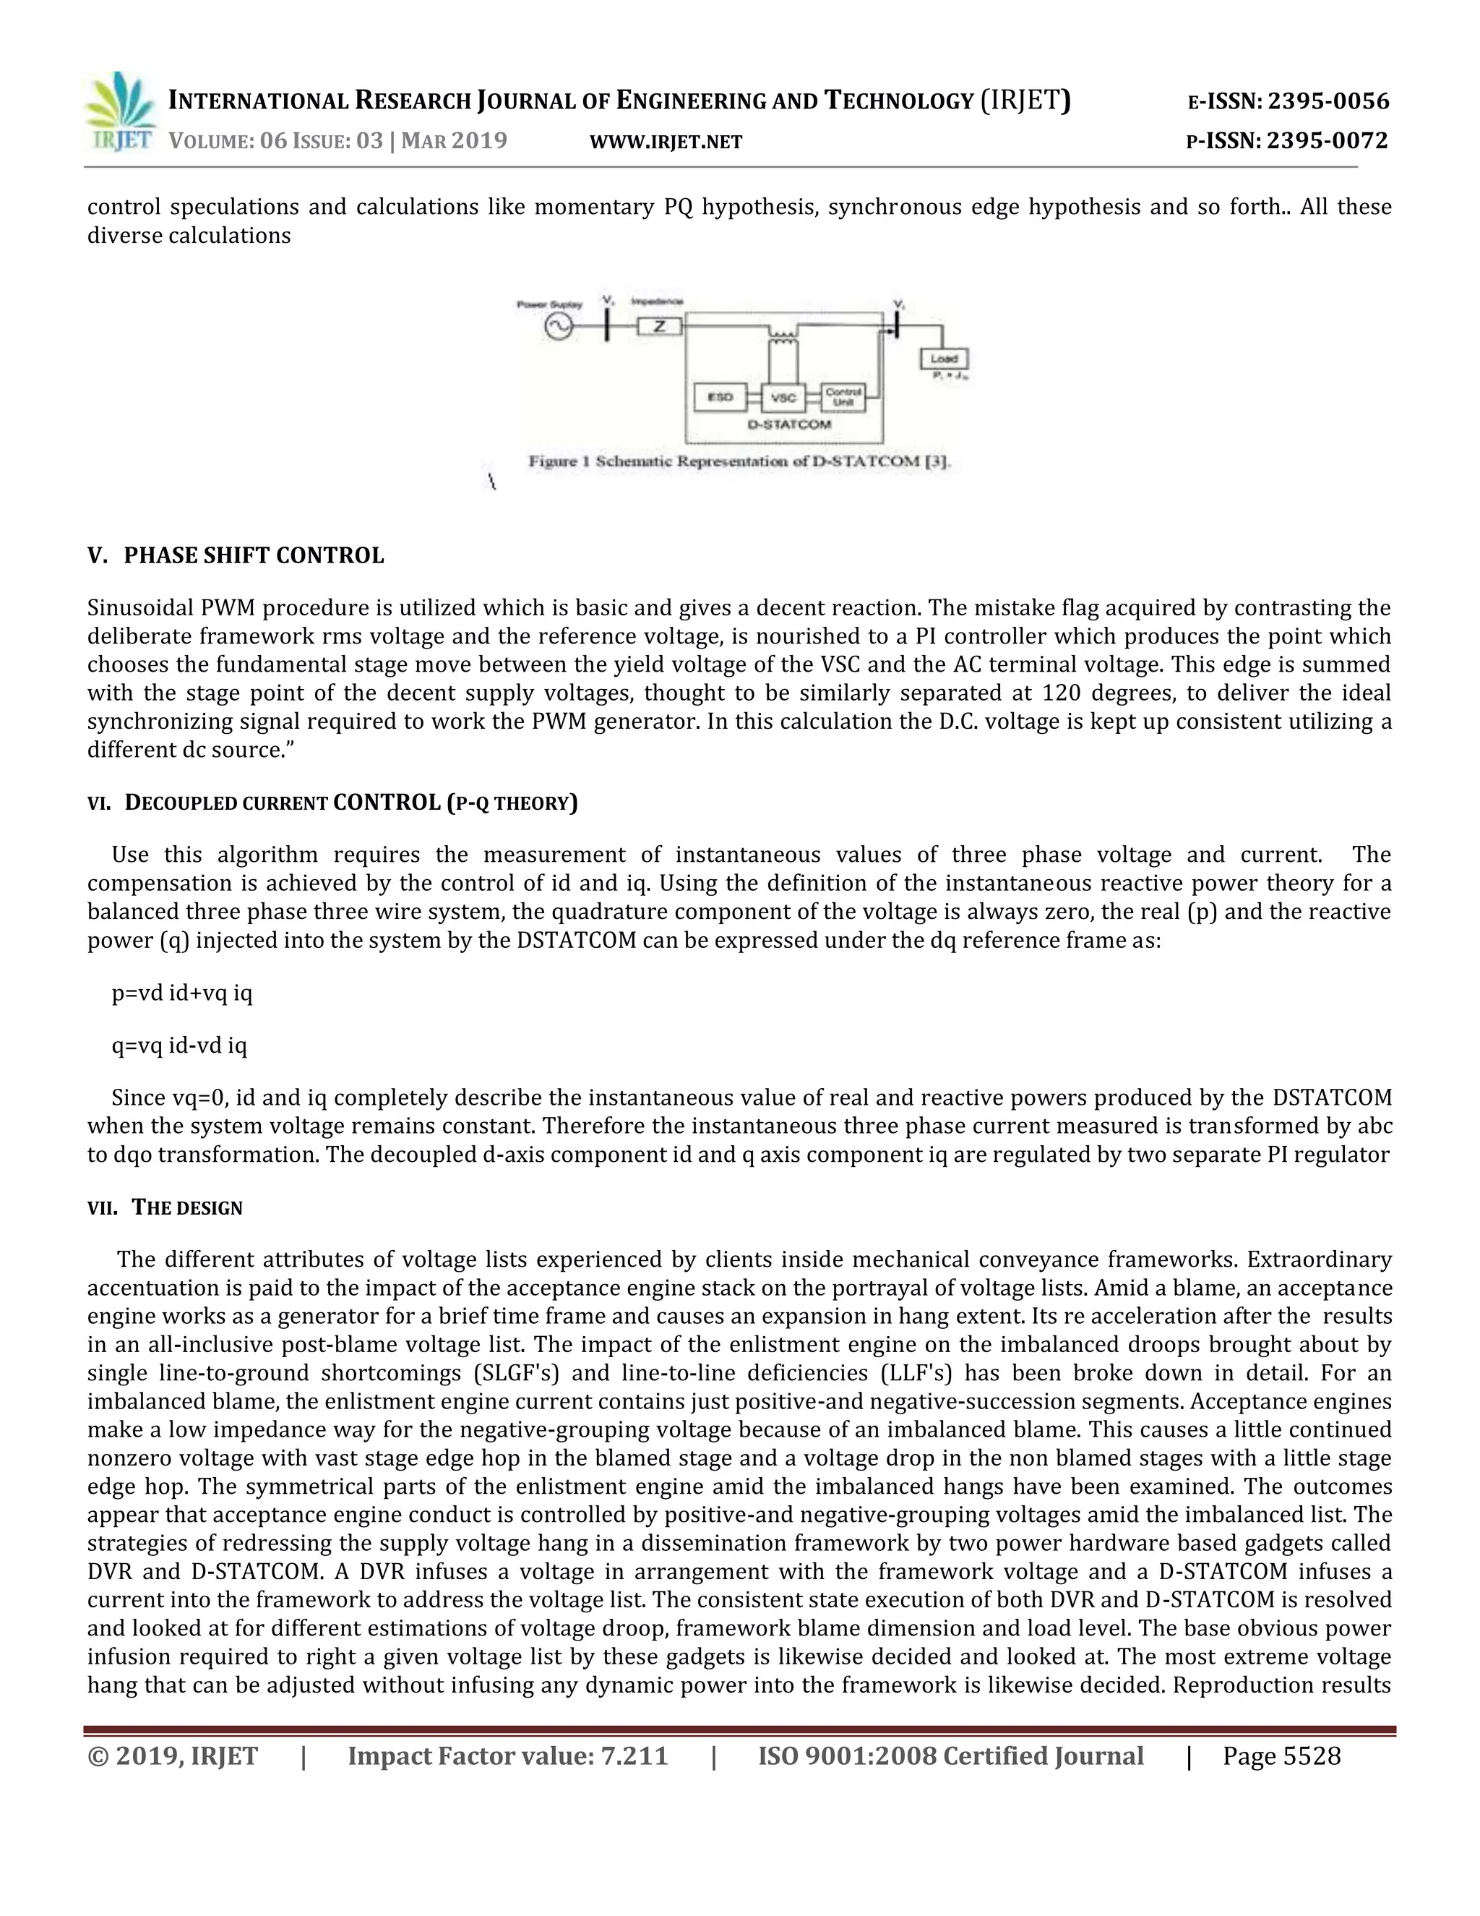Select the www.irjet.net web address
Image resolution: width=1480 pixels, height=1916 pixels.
pos(666,142)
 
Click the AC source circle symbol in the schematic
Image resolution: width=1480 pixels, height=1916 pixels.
pos(559,328)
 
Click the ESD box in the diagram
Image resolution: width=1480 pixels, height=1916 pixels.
pos(720,398)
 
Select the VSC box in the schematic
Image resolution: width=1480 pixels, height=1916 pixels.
pos(783,398)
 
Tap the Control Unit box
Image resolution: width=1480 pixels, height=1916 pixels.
pos(843,398)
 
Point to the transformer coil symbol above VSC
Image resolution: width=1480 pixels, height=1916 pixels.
pos(783,334)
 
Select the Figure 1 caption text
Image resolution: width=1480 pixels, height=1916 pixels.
pos(739,461)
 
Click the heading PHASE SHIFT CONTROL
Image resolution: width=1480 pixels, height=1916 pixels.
pos(254,556)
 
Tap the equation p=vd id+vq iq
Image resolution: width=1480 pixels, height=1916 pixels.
pos(181,993)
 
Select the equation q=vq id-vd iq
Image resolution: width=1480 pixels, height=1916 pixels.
pos(179,1045)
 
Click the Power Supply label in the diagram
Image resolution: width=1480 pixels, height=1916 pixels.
pos(549,304)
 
